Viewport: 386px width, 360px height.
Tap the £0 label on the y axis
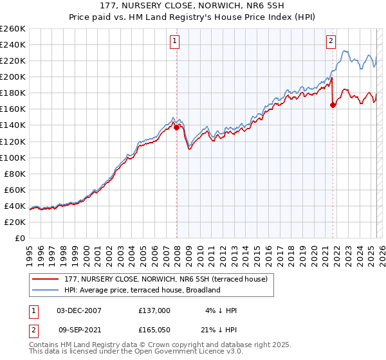(x=20, y=238)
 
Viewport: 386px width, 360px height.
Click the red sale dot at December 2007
(x=176, y=127)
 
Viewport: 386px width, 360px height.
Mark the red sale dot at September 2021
(x=333, y=105)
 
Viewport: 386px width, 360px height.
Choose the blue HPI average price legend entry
(x=142, y=290)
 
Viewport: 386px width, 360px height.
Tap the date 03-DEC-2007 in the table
(x=79, y=310)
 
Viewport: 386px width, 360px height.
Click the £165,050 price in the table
(x=154, y=330)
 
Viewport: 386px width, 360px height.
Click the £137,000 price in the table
(x=154, y=310)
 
